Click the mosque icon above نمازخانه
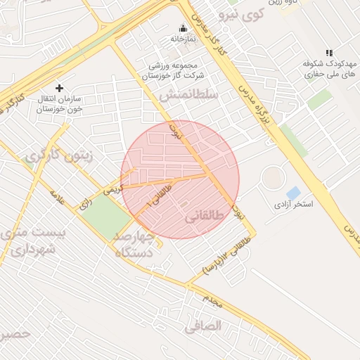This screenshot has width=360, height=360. click(x=184, y=28)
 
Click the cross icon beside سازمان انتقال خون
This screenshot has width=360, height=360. click(x=59, y=89)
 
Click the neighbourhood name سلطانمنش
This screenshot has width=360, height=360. click(x=188, y=94)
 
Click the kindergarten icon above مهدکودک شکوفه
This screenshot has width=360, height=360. click(x=329, y=53)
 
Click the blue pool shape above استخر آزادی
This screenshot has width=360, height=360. click(x=292, y=192)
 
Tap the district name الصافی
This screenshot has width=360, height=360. click(x=203, y=326)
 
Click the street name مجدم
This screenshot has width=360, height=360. click(x=212, y=302)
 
